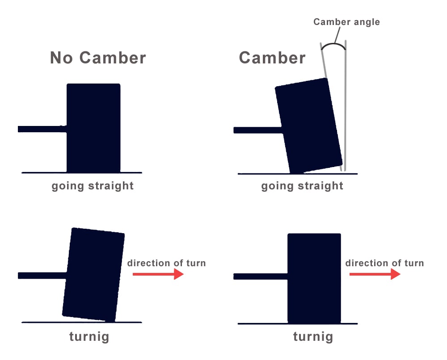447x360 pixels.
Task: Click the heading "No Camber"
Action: click(x=98, y=58)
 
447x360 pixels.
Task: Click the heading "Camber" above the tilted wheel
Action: click(x=272, y=58)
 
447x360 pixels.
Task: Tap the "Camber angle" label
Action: click(x=346, y=22)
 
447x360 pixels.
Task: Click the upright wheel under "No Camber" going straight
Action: click(x=93, y=128)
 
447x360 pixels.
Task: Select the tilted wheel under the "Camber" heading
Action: click(x=309, y=126)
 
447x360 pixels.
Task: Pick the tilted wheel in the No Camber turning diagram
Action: click(x=93, y=274)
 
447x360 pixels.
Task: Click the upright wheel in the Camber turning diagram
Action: click(x=314, y=278)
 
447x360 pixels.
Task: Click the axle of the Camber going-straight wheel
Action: click(x=257, y=130)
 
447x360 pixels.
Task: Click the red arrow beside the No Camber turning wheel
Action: click(x=158, y=274)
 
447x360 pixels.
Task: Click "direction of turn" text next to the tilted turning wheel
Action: click(x=166, y=263)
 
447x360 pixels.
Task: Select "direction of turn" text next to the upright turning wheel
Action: click(x=384, y=263)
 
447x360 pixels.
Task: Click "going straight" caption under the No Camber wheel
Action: click(x=93, y=186)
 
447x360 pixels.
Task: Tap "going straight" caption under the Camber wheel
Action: click(x=302, y=186)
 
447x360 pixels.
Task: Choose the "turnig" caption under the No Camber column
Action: click(x=89, y=337)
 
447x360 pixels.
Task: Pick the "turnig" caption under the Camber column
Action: click(x=313, y=337)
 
